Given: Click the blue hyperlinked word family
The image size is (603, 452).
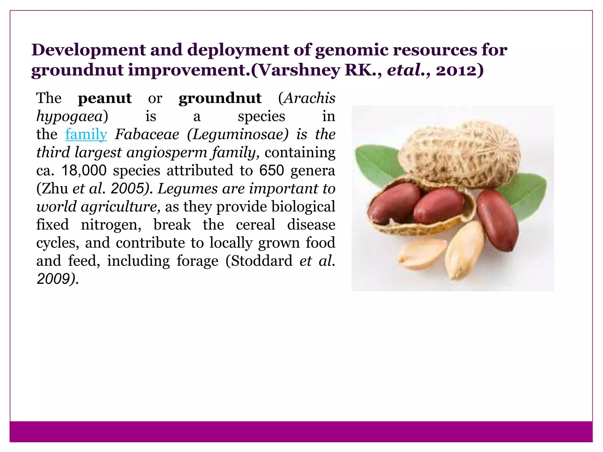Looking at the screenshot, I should pyautogui.click(x=86, y=134).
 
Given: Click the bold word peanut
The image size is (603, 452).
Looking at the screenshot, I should pyautogui.click(x=105, y=98).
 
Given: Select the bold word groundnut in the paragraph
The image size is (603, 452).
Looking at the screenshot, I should pyautogui.click(x=220, y=98).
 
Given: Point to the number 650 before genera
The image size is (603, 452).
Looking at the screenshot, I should pyautogui.click(x=271, y=171).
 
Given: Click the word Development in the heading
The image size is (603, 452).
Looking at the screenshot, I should pyautogui.click(x=89, y=50).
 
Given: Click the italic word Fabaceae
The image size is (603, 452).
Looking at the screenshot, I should pyautogui.click(x=147, y=134).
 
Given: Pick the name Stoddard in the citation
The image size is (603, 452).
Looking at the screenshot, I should pyautogui.click(x=261, y=261).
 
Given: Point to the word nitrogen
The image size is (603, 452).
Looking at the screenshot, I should pyautogui.click(x=111, y=225).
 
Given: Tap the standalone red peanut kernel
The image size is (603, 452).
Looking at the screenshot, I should pyautogui.click(x=498, y=219).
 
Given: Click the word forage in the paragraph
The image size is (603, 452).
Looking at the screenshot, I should pyautogui.click(x=197, y=261).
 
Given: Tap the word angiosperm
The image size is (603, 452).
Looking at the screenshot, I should pyautogui.click(x=167, y=153).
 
